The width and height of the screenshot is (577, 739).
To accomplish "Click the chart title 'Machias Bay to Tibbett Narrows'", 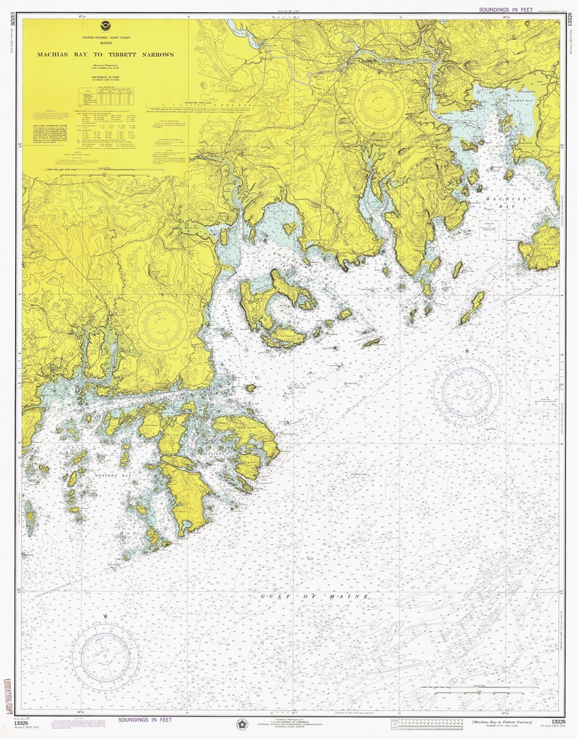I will (106, 54).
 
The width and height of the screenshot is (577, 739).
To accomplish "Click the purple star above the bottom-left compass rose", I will (105, 616).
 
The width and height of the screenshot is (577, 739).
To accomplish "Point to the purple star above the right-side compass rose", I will (467, 351).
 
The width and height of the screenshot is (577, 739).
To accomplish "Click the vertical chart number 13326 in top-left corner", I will (12, 30).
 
